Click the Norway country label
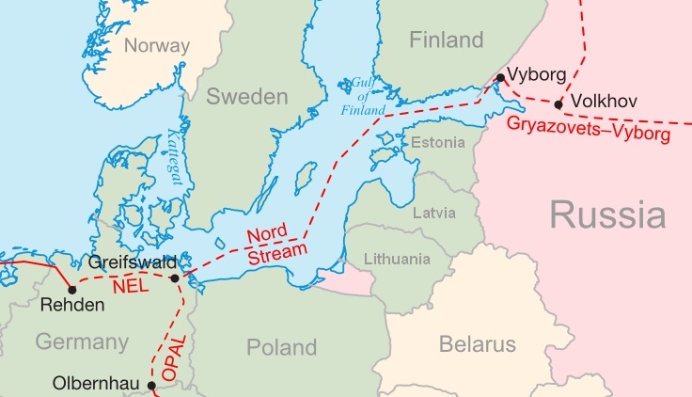point(157,45)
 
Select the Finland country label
point(447,40)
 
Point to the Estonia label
point(438,143)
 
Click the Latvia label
point(434,213)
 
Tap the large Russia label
point(607,214)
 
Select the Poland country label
point(281,347)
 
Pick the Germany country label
point(82,341)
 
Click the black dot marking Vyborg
point(500,77)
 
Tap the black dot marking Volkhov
point(559,104)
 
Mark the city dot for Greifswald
point(176,278)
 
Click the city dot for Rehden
point(72,289)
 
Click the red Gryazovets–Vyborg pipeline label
point(589,130)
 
